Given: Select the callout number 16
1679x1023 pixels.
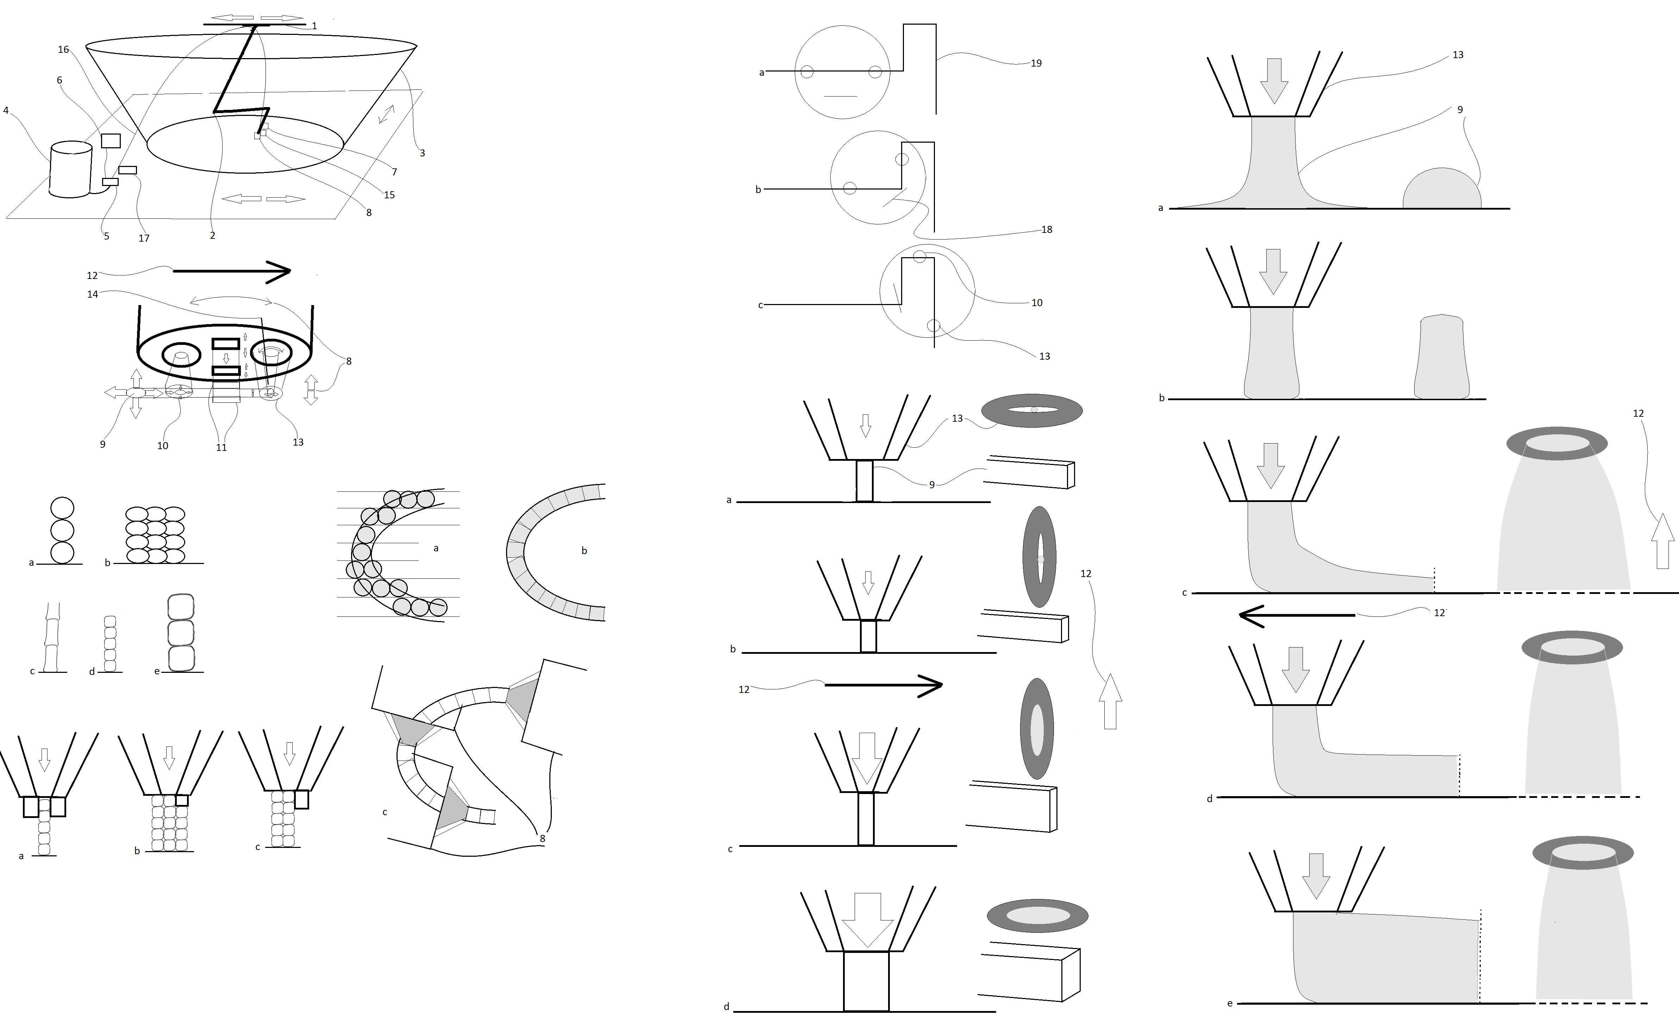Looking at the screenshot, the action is coord(63,49).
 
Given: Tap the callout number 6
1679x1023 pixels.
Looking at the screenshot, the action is coord(59,80).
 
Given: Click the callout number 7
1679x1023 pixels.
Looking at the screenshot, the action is coord(394,172).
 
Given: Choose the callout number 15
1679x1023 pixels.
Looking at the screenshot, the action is coord(389,195).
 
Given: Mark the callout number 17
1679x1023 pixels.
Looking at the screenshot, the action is coord(144,238).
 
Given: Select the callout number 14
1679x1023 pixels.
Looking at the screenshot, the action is coord(93,294).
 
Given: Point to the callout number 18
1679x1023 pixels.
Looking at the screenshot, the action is coord(1047,230).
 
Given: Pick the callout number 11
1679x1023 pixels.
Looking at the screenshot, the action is coord(221,448).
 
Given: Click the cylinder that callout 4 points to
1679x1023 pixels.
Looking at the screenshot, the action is coord(71,170).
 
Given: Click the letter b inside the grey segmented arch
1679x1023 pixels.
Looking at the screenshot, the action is coord(584,551).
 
